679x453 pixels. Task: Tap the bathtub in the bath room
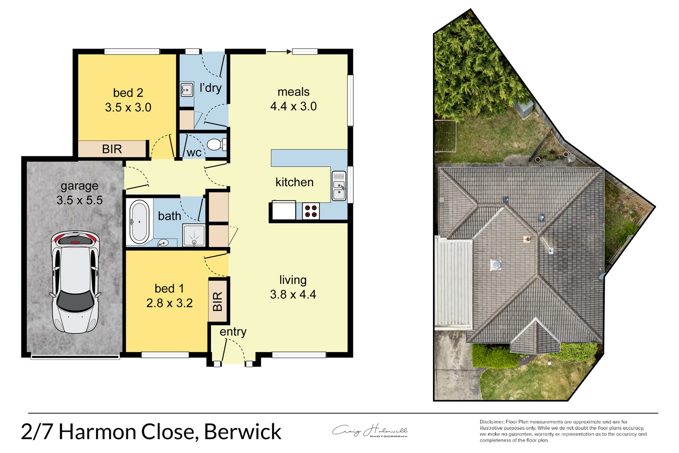[139, 222]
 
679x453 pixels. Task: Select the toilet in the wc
[216, 145]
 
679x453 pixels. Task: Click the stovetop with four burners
[311, 211]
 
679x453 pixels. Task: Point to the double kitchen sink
[339, 186]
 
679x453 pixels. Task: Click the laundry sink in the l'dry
[187, 89]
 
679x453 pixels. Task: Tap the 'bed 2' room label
[128, 93]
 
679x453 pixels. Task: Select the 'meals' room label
[293, 92]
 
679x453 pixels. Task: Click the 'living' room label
[293, 280]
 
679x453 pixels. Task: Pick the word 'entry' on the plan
[233, 332]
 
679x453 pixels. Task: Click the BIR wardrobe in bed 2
[112, 149]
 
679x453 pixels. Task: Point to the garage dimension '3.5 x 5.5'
[80, 200]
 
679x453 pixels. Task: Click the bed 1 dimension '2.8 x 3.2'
[169, 303]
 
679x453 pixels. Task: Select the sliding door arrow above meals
[279, 52]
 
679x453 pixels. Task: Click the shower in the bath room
[194, 235]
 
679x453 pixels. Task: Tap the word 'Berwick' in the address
[243, 432]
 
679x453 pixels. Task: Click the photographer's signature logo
[370, 431]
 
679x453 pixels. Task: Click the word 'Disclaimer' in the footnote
[492, 422]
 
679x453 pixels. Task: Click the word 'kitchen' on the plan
[294, 182]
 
